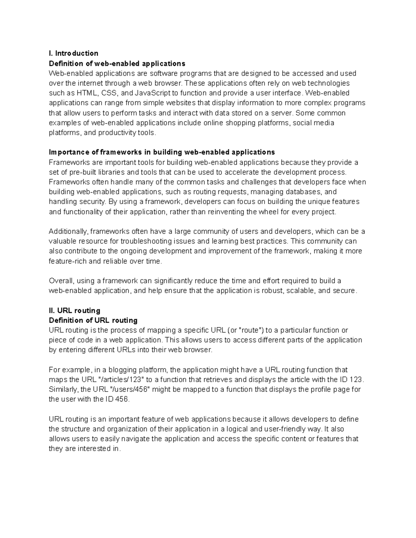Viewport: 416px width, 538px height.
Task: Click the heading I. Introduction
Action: click(73, 53)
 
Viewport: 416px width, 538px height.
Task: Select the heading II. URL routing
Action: click(75, 310)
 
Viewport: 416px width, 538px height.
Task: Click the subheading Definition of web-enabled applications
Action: click(117, 63)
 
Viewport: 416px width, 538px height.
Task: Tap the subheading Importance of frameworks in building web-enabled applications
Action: click(162, 152)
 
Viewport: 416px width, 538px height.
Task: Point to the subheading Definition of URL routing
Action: click(93, 320)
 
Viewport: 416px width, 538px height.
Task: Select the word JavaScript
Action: click(151, 93)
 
